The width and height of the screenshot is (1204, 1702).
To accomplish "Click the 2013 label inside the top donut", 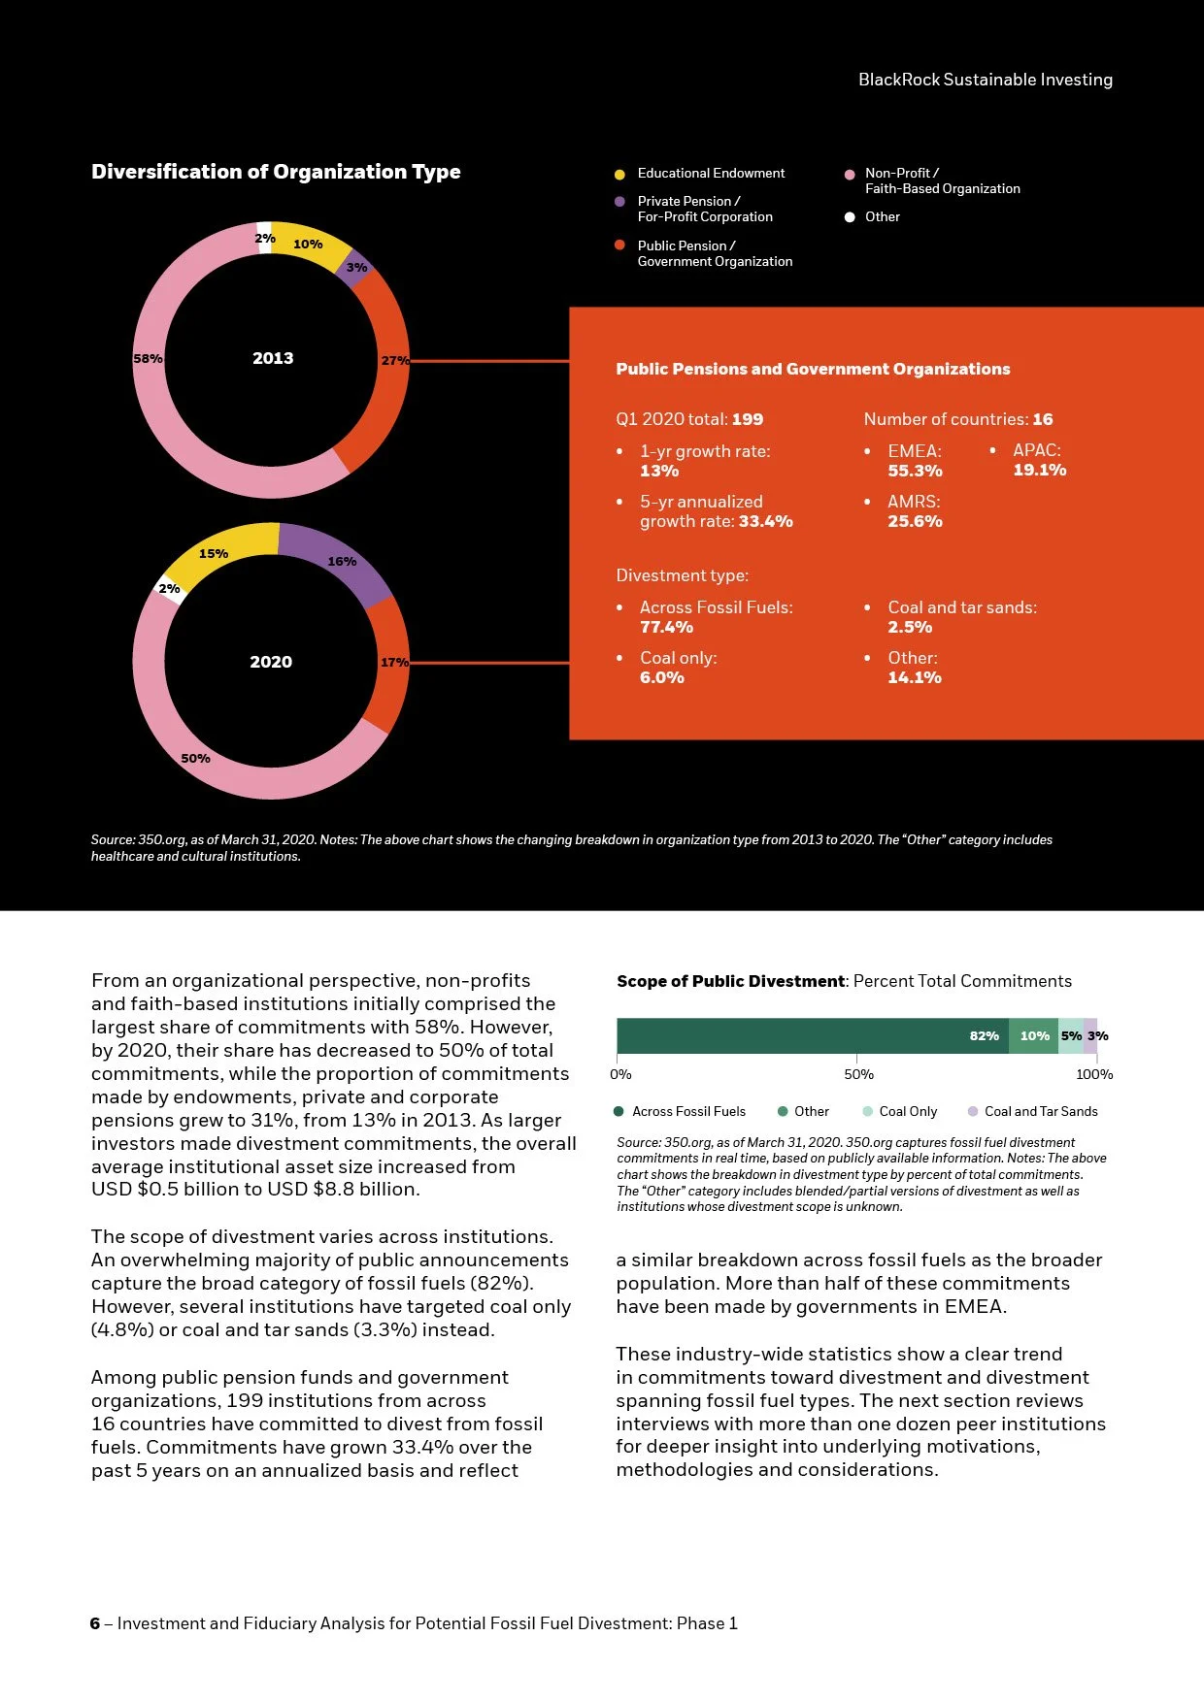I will pos(273,358).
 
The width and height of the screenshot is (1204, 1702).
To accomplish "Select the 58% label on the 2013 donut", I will pos(148,359).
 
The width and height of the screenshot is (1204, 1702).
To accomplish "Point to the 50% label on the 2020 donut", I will pos(195,758).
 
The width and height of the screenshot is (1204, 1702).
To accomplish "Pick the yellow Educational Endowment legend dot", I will pos(619,174).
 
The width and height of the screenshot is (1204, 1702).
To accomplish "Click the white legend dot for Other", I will pos(850,217).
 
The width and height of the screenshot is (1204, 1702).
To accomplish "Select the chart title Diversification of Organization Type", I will pos(276,172).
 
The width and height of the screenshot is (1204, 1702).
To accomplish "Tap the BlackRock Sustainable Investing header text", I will pos(985,80).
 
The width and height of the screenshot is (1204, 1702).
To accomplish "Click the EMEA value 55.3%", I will pos(915,471).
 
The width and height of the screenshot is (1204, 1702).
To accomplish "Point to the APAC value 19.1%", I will pos(1039,470).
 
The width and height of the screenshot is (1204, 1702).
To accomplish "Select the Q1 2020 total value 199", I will pos(748,419).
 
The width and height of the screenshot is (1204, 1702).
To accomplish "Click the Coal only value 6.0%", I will pos(661,677).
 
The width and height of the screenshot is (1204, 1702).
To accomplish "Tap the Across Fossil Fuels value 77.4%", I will pos(666,627).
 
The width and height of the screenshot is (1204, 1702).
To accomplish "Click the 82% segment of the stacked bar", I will pos(812,1035).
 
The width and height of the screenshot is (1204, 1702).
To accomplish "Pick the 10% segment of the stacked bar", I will pos(1033,1035).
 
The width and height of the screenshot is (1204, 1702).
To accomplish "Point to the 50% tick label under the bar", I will pos(858,1074).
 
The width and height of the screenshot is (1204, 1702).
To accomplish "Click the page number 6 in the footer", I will pos(95,1623).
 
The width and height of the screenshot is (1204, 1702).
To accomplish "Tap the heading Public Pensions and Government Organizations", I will pos(813,369).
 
